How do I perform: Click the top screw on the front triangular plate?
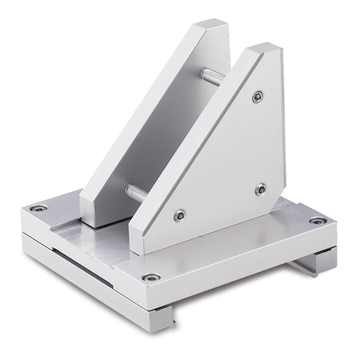pos(258,95)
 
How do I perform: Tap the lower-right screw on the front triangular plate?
pos(260,189)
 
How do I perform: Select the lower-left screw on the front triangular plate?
pos(180,215)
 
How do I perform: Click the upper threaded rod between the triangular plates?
pos(211,77)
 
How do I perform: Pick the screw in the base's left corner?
pos(39,209)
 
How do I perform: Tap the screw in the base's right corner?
pos(317,220)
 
